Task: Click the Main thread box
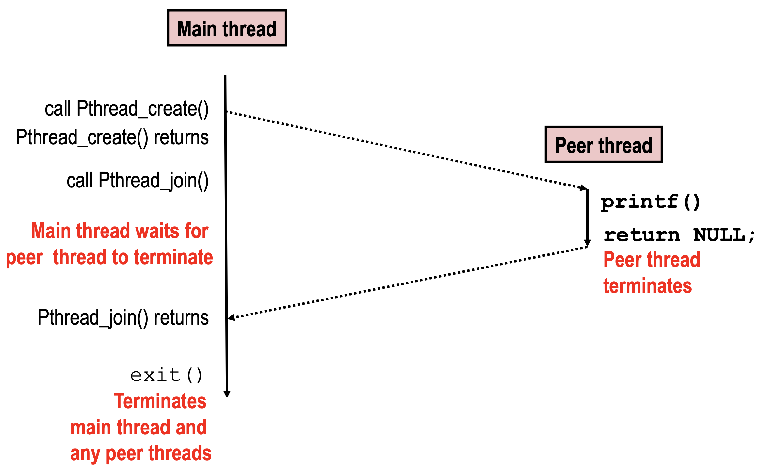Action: (227, 28)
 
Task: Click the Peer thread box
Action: (604, 145)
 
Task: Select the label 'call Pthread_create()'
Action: (126, 109)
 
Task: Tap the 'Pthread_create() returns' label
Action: (112, 137)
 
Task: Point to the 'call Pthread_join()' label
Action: (138, 181)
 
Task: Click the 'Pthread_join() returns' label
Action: (123, 317)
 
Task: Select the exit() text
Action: (166, 375)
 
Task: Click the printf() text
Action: (650, 202)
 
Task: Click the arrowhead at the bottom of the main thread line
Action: (227, 394)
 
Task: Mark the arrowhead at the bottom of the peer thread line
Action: (587, 243)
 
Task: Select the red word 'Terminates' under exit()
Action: (160, 401)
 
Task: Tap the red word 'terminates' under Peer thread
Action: (647, 286)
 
